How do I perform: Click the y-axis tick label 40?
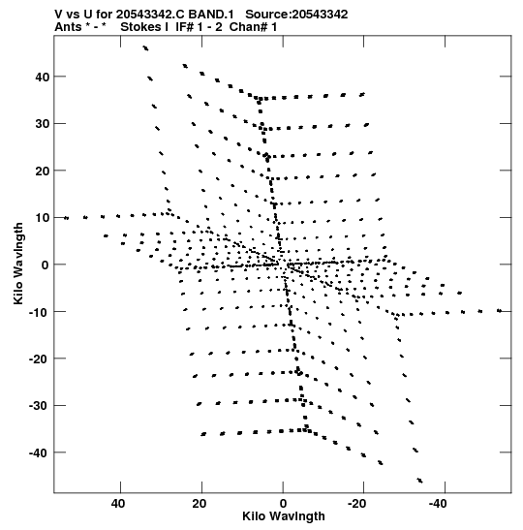(43, 78)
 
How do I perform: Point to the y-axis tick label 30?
(43, 124)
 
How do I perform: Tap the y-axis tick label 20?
(43, 171)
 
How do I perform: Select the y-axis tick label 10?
(43, 218)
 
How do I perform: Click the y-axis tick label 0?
(46, 265)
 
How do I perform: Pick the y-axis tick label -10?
(40, 312)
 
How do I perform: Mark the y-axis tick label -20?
(40, 359)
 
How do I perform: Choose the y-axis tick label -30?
(40, 406)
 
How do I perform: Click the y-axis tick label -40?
(40, 452)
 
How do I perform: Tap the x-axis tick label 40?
(118, 504)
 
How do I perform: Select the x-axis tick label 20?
(200, 504)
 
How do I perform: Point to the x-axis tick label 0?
(283, 504)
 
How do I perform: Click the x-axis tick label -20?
(357, 504)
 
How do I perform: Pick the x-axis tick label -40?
(438, 504)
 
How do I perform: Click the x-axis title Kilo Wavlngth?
(284, 516)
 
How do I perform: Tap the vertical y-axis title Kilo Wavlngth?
(18, 264)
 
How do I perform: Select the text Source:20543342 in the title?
(296, 15)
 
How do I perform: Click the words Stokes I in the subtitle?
(144, 27)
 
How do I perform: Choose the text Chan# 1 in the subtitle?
(253, 27)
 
